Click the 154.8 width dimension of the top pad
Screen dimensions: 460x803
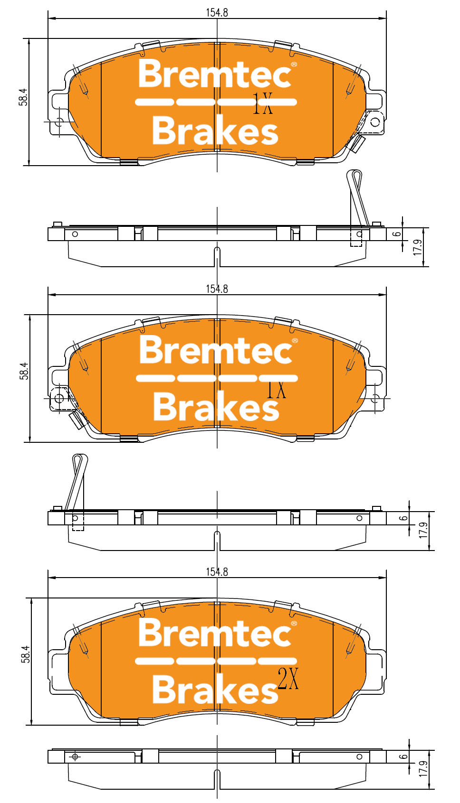[217, 12]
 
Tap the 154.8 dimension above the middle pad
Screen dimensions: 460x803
[217, 289]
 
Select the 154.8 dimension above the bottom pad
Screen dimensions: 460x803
[217, 572]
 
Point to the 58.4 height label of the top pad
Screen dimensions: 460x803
[23, 97]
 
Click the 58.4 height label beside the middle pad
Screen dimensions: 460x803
[24, 371]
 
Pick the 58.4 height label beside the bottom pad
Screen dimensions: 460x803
[26, 654]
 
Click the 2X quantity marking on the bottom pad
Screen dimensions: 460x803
[288, 679]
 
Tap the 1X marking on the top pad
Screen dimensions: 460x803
[263, 104]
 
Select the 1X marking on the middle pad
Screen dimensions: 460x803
[276, 389]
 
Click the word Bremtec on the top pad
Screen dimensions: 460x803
[215, 74]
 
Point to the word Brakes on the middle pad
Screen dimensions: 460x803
[216, 407]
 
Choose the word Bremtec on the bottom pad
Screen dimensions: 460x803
[215, 634]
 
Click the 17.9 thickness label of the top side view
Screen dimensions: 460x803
[418, 247]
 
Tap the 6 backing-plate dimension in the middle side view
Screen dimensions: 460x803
[403, 518]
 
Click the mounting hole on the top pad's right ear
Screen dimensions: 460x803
[375, 122]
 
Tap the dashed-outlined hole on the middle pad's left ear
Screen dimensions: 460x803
[59, 398]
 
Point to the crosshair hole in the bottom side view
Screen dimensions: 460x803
[75, 757]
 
